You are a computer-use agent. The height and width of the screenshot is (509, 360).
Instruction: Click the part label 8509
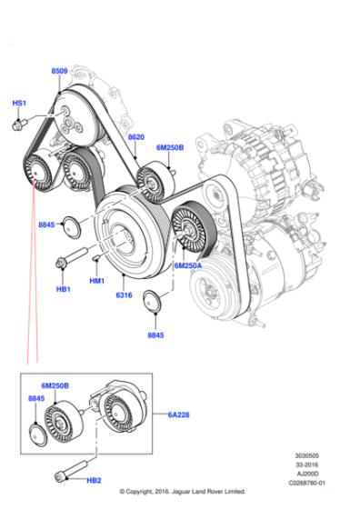click(59, 70)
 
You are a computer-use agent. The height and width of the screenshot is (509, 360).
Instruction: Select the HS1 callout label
click(19, 104)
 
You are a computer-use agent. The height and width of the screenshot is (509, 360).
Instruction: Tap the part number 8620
click(136, 137)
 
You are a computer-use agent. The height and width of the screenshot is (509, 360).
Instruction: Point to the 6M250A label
click(187, 265)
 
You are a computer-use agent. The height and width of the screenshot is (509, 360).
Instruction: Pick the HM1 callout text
click(97, 282)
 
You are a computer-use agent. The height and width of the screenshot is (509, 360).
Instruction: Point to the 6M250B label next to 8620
click(169, 147)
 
